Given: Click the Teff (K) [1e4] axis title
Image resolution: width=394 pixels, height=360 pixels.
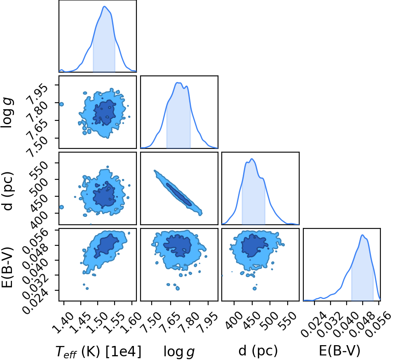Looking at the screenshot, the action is coord(98,351).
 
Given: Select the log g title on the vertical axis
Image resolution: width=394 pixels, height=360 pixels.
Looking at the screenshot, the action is coord(7,113).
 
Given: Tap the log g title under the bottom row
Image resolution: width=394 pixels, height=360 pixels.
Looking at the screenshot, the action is coord(179,351).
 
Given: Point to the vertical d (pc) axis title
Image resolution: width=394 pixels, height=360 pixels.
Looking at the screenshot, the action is coord(7,191).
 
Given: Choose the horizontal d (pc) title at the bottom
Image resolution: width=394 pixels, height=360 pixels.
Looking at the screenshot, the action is coord(258,350).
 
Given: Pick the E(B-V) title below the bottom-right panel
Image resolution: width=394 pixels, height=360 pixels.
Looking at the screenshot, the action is coord(340,350).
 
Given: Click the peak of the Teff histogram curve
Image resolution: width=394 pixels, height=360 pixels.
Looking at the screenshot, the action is coord(104,6).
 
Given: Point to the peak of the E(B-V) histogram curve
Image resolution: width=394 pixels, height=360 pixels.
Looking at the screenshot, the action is coord(362,235).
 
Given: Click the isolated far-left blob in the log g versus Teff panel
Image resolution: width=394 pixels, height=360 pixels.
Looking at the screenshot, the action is coord(61,104).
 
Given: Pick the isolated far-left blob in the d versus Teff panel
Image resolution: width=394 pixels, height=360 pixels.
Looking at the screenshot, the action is coord(61,207).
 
